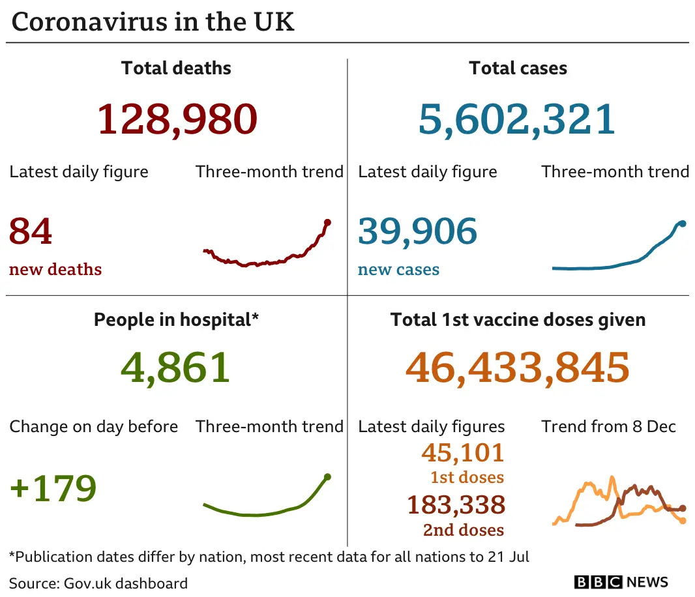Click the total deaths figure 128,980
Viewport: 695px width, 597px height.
[177, 119]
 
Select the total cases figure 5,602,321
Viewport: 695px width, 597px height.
[517, 119]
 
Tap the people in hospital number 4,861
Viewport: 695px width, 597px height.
[175, 367]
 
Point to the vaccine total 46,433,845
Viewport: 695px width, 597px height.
[518, 367]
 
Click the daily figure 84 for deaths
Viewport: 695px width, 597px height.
[31, 231]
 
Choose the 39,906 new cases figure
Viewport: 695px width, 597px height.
[417, 231]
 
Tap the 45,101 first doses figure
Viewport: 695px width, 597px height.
[463, 452]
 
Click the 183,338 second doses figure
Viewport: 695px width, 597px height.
[456, 505]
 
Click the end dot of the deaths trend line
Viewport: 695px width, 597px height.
[327, 223]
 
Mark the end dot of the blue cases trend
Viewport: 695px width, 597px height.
[683, 224]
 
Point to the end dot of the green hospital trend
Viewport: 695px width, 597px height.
[327, 477]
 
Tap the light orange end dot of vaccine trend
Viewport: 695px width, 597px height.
[683, 521]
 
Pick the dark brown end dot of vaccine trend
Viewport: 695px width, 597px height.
[683, 508]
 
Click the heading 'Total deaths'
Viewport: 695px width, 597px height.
[176, 68]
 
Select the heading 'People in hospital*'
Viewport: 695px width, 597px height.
[176, 319]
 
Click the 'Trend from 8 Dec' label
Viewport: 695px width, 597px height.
[608, 427]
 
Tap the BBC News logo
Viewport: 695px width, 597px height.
[621, 582]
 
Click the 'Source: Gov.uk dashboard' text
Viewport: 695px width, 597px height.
[98, 583]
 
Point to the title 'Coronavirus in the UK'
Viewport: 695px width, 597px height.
[153, 22]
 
